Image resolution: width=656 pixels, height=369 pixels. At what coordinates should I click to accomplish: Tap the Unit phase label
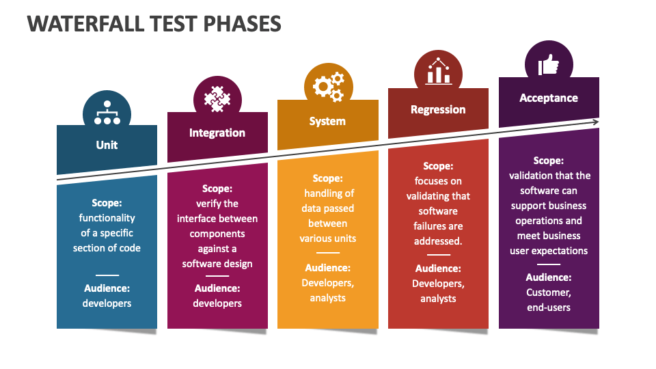[x=107, y=145]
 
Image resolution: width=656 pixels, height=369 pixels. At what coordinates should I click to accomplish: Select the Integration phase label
[x=217, y=133]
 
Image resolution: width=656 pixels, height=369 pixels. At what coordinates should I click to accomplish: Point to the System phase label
[x=327, y=122]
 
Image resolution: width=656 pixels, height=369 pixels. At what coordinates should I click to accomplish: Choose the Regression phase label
[x=438, y=109]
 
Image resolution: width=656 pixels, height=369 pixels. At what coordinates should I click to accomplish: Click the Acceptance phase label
[x=549, y=98]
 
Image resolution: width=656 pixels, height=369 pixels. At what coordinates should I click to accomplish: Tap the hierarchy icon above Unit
[x=107, y=113]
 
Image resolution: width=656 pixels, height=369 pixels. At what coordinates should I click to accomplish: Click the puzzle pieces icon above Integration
[x=217, y=99]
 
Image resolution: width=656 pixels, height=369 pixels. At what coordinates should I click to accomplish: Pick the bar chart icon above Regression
[x=439, y=71]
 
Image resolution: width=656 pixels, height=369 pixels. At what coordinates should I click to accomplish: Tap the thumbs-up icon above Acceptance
[x=549, y=65]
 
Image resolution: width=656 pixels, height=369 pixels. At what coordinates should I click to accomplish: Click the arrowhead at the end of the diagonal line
[x=595, y=122]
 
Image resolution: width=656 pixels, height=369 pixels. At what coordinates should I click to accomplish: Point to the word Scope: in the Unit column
[x=107, y=203]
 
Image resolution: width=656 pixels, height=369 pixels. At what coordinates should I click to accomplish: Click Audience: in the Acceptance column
[x=549, y=277]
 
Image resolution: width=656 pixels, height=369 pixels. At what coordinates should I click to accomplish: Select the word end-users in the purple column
[x=549, y=307]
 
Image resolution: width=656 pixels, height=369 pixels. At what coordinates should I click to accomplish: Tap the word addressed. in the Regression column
[x=438, y=241]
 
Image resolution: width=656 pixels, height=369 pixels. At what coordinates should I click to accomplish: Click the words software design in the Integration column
[x=217, y=264]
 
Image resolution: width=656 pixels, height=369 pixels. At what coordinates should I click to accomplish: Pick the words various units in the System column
[x=327, y=238]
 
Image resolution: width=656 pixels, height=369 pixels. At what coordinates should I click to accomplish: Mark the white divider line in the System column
[x=328, y=253]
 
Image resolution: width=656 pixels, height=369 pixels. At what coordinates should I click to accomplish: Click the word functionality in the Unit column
[x=107, y=218]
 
